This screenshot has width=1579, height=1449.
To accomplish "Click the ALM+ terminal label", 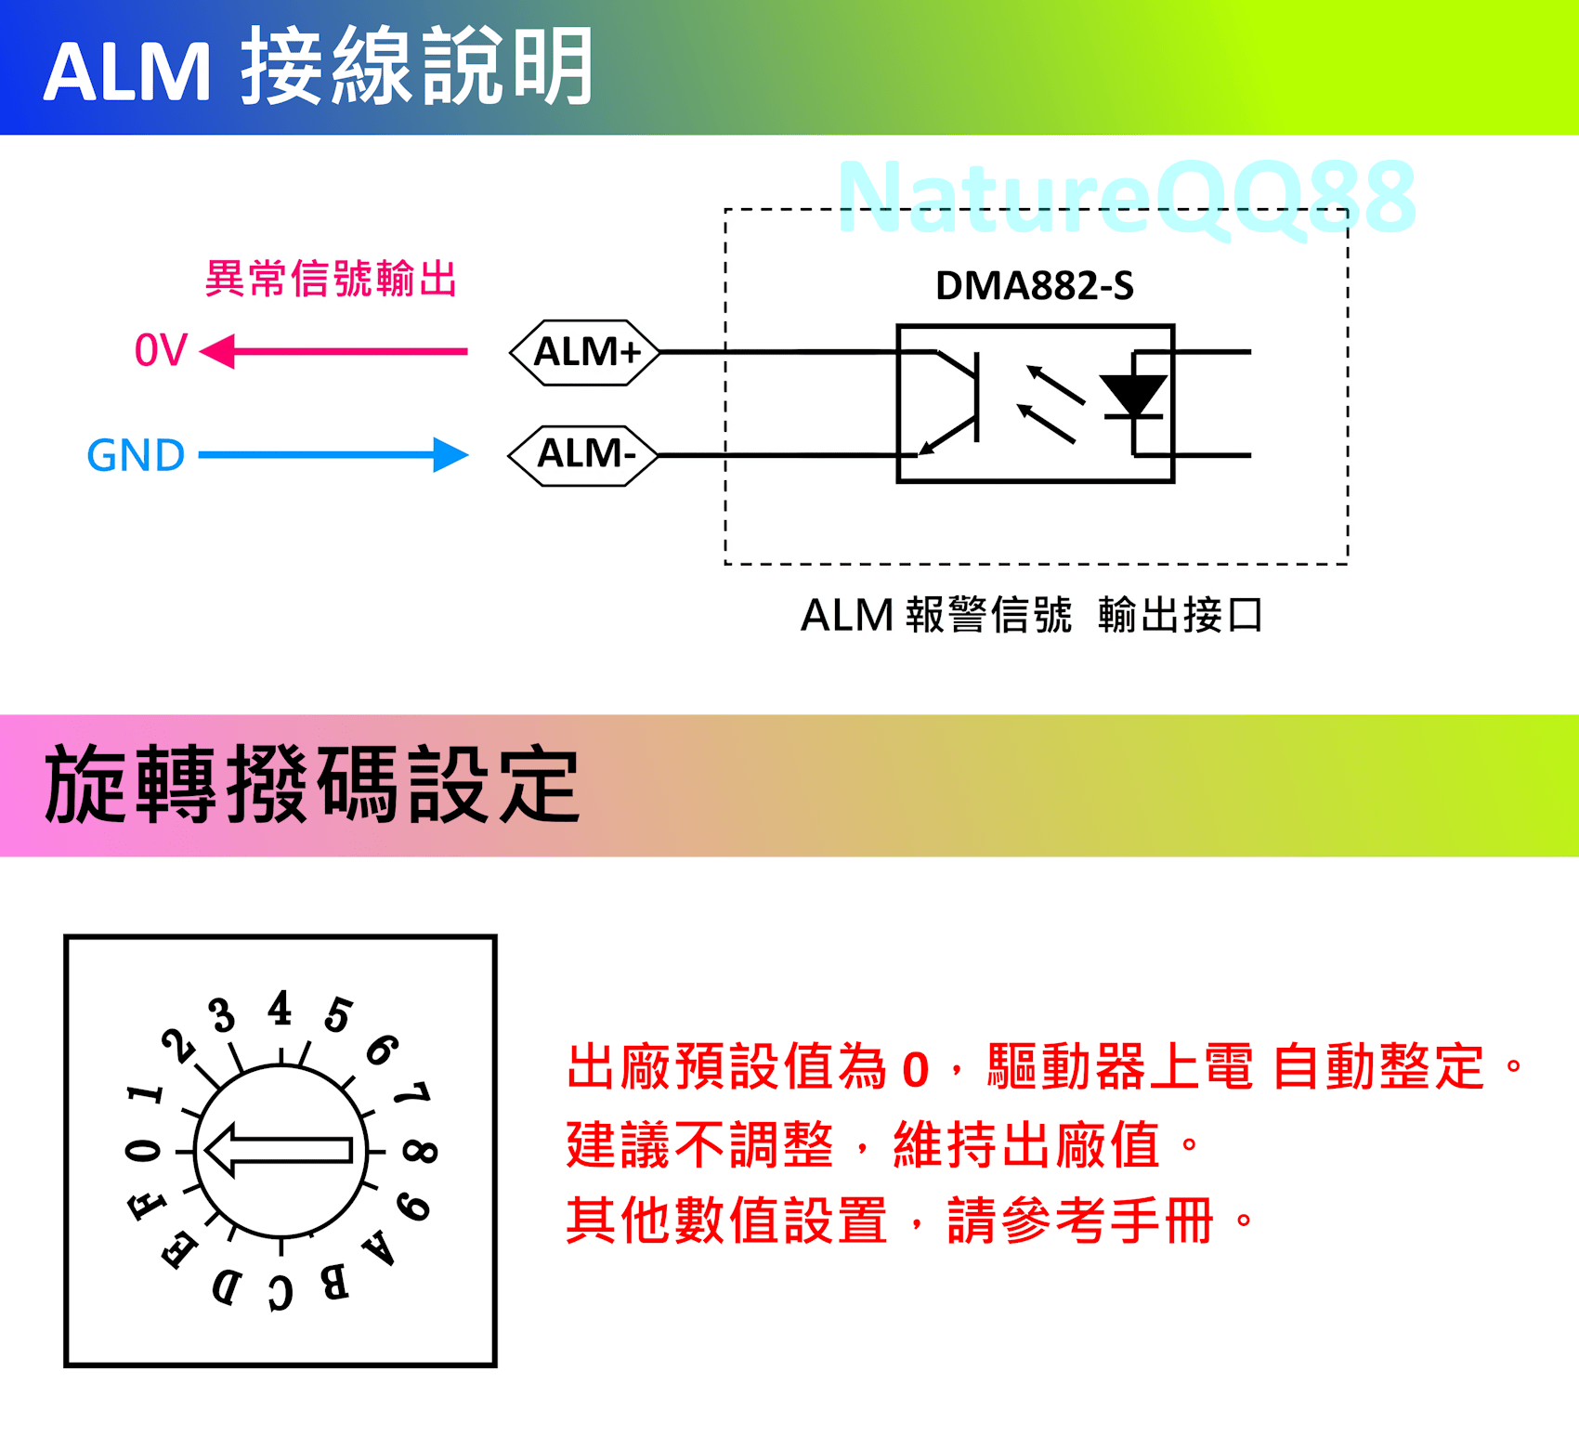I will pos(586,352).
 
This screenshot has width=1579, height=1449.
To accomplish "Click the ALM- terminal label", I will pos(585,454).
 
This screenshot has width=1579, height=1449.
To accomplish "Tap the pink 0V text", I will pos(161,351).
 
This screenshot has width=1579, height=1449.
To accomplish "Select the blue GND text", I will pos(136,455).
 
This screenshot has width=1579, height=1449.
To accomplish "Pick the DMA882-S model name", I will pos(1034,285).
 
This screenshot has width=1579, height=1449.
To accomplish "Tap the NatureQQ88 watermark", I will pos(1126,197).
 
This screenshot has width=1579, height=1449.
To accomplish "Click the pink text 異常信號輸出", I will pos(331,279).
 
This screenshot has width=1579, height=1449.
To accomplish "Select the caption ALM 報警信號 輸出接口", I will pos(1031,615).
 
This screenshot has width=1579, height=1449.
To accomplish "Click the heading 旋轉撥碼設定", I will pos(312,785).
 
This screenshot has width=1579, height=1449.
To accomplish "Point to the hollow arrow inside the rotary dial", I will pos(279,1150).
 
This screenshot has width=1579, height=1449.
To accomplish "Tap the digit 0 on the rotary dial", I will pos(143,1151).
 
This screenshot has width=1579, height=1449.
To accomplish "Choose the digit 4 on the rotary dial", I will pos(280,1008).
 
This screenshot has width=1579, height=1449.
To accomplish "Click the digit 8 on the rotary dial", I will pos(420,1152).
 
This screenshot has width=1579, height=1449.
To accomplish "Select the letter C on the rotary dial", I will pos(281,1292).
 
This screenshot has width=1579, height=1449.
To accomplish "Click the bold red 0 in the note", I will pos(915,1069).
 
